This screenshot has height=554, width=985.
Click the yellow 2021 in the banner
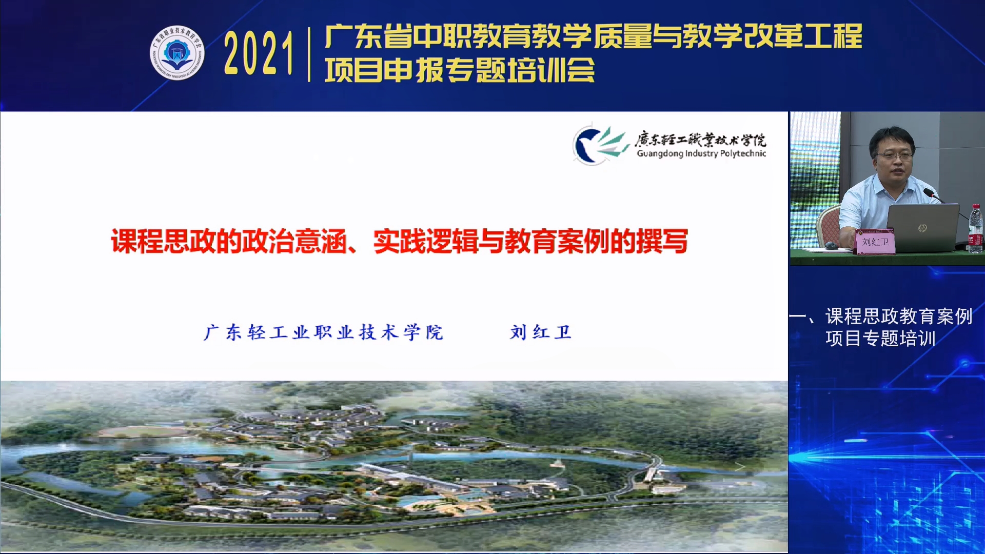coord(258,53)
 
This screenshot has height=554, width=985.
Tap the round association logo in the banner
coord(177,53)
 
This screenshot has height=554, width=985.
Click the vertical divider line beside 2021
coord(309,54)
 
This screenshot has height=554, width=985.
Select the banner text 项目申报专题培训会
coord(460,70)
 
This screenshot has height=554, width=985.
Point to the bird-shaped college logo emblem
coord(600,145)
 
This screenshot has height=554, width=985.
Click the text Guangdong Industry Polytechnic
coord(701,153)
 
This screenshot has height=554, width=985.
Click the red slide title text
coord(400,241)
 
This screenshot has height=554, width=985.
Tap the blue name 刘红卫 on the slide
coord(540,332)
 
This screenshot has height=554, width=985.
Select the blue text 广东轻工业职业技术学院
coord(324,332)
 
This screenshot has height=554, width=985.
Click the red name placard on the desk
coord(875,242)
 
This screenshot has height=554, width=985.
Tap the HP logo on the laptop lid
coord(922,228)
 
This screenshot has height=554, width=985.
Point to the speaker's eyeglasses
coord(893,155)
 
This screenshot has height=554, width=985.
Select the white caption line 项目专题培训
coord(880,339)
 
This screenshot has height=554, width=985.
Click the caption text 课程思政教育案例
coord(899,316)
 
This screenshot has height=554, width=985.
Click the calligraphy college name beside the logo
coord(700,139)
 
